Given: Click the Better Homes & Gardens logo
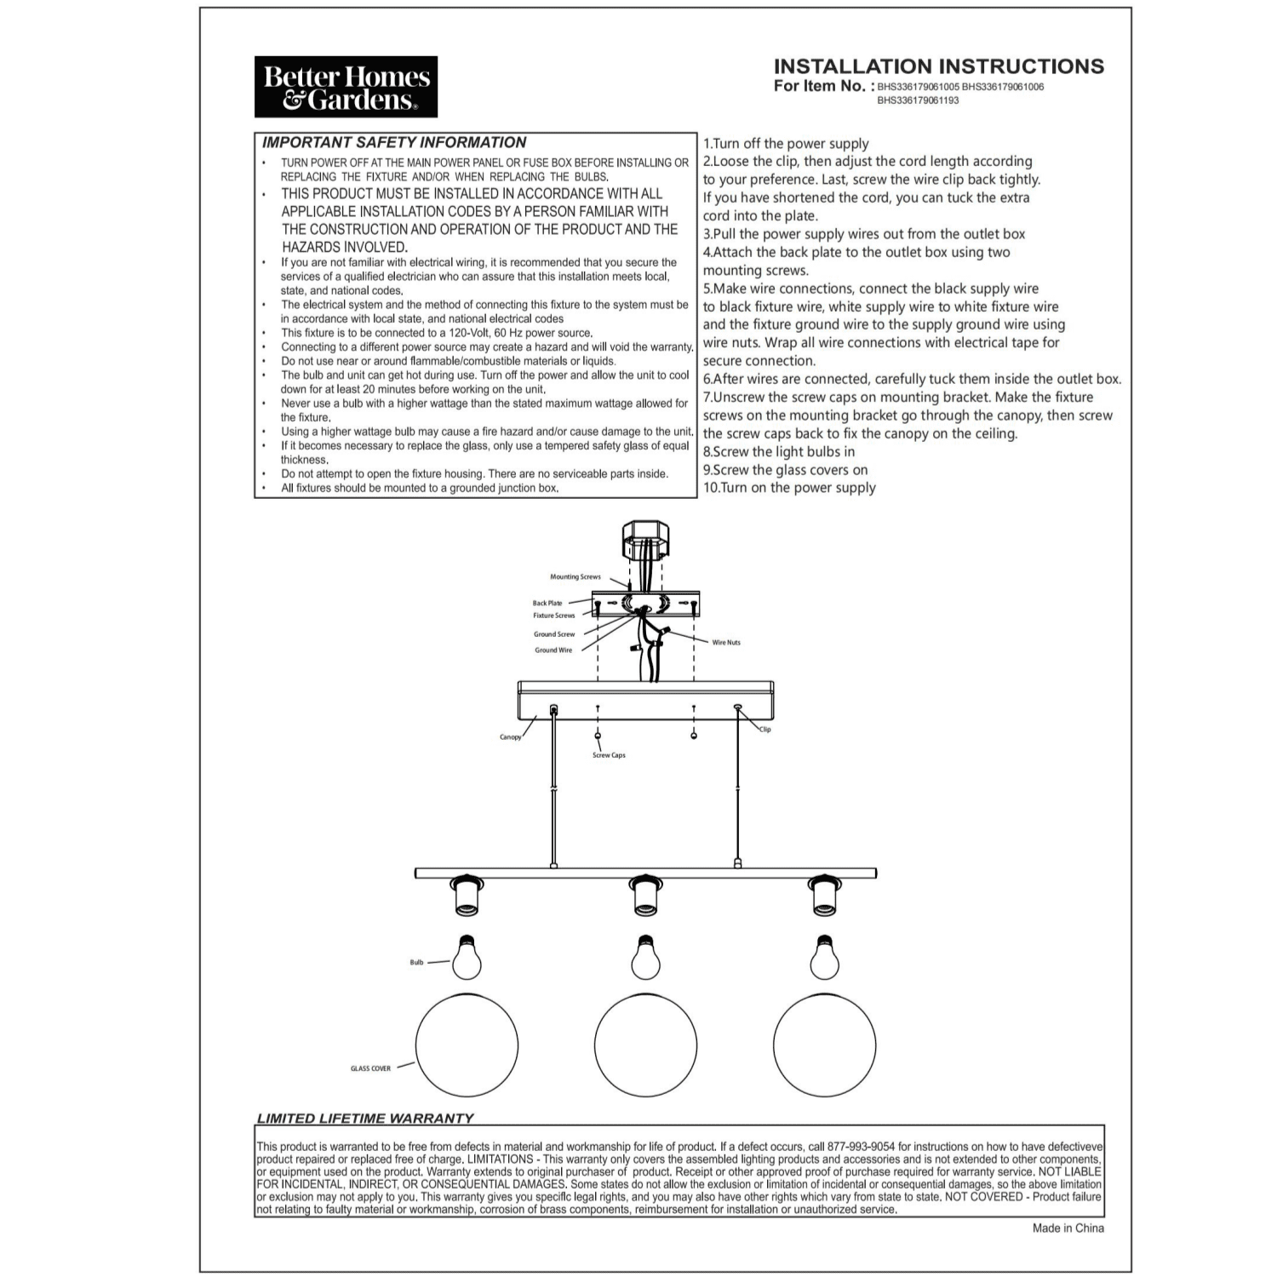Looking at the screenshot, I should click(346, 87).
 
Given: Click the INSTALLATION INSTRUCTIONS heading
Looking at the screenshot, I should click(938, 66).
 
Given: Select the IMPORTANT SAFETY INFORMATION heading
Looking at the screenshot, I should click(394, 142).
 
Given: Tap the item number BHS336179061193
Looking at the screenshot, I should click(918, 100).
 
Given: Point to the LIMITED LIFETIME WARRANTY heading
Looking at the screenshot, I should click(365, 1118).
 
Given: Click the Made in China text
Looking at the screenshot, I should click(1068, 1228).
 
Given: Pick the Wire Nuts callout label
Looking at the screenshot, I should click(726, 643).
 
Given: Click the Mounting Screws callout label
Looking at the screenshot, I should click(575, 577).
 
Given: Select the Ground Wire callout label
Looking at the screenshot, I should click(553, 650).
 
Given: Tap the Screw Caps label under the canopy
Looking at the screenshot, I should click(609, 756).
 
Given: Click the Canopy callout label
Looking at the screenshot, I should click(510, 737).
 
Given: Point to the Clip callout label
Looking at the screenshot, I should click(764, 730).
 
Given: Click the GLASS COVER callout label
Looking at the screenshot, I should click(370, 1068).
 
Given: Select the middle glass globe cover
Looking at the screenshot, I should click(645, 1045).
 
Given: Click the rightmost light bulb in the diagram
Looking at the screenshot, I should click(823, 958).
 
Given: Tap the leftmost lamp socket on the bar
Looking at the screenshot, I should click(467, 896).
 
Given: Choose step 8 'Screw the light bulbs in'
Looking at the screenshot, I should click(779, 452).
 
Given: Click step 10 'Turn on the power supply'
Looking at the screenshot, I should click(789, 488).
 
